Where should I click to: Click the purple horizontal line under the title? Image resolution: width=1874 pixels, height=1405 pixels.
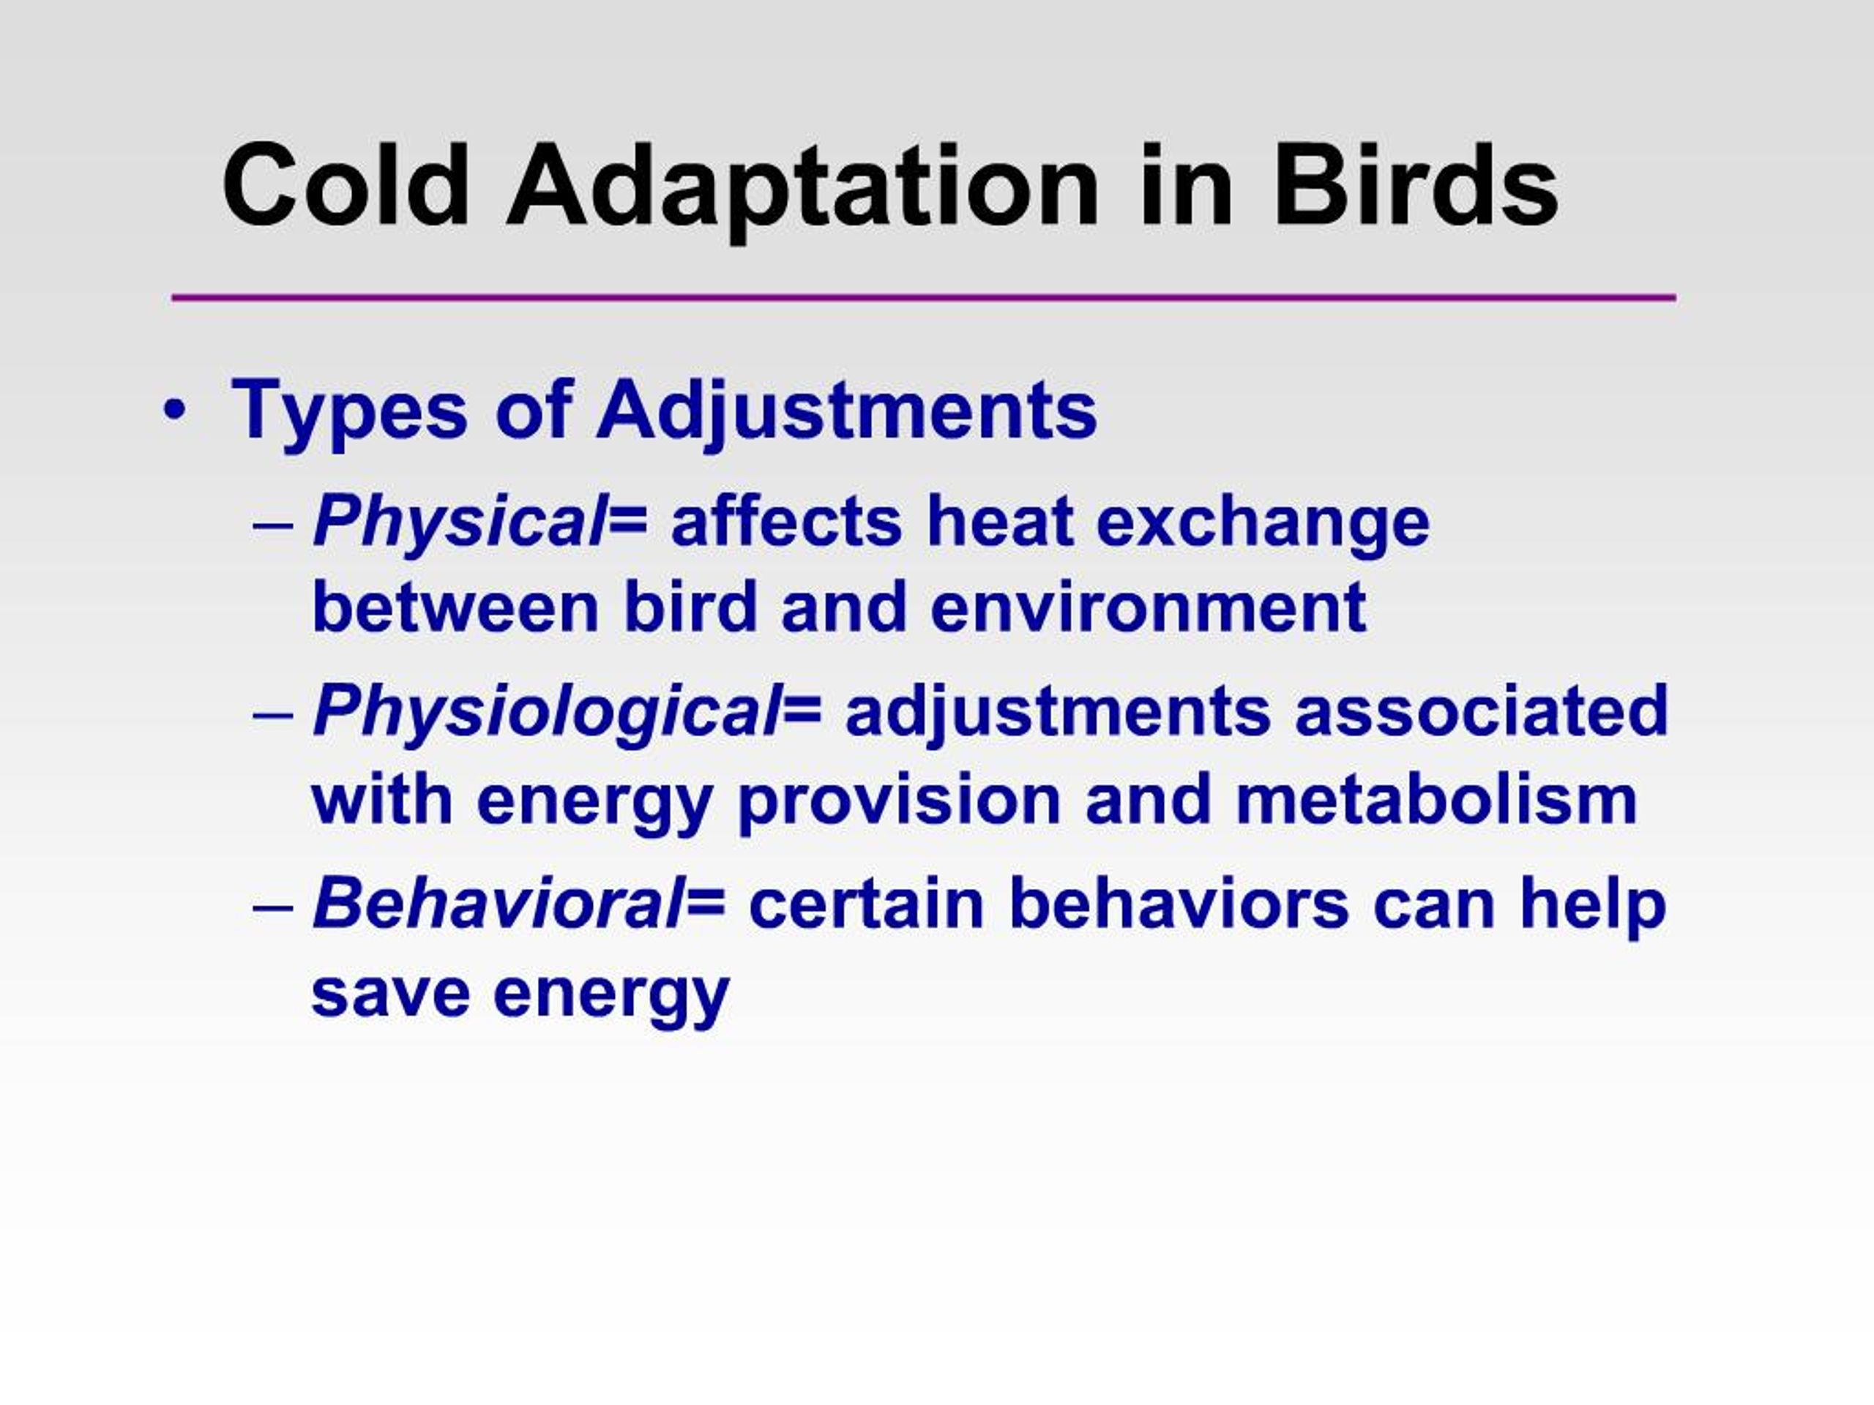coord(923,297)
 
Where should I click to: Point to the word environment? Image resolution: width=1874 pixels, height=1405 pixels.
coord(1148,608)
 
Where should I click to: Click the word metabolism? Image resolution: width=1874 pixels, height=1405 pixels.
coord(1436,801)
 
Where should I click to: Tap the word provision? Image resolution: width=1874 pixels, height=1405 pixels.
coord(898,801)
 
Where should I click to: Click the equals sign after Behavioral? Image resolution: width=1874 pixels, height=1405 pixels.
coord(705,904)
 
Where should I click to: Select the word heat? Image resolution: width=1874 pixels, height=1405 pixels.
coord(1000,522)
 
